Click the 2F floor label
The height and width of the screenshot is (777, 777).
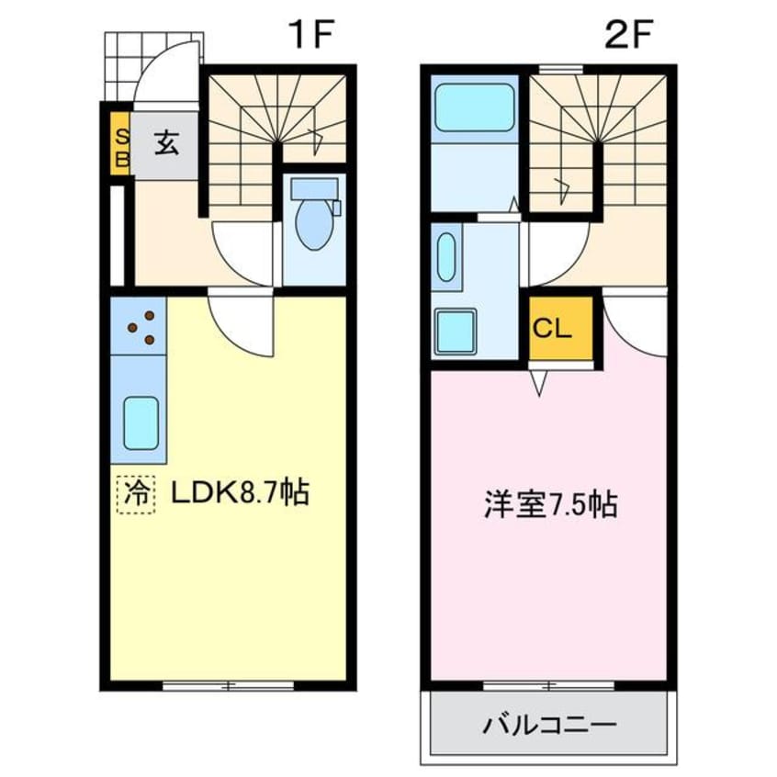click(x=627, y=37)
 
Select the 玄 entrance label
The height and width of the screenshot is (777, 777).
click(x=165, y=144)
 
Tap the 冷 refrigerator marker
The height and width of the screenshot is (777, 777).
click(x=136, y=494)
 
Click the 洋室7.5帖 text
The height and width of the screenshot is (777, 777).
click(x=550, y=504)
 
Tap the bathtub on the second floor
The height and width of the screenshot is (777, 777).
click(x=475, y=108)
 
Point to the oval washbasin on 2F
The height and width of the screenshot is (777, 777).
click(x=447, y=256)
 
